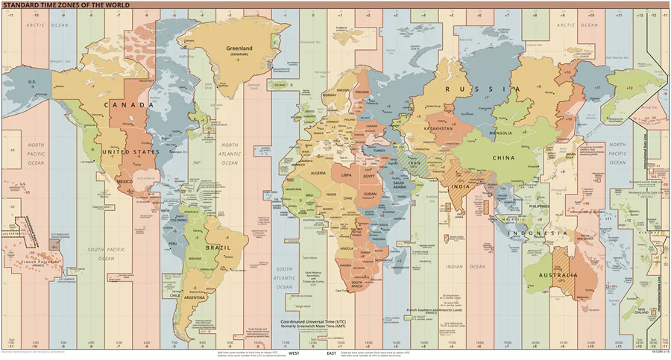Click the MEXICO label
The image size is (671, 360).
tap(125, 181)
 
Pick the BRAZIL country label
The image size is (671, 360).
tap(225, 247)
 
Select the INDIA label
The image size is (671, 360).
tap(460, 186)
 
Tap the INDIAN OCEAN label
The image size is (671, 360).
tap(473, 266)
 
